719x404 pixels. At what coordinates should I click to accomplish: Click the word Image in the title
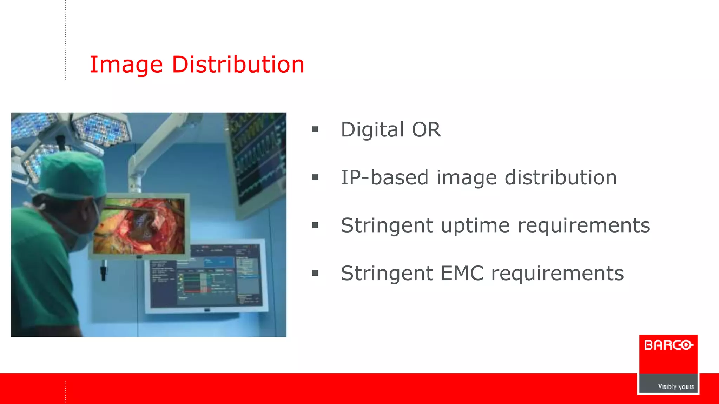click(x=126, y=65)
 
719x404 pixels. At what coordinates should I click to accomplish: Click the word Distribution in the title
click(x=238, y=65)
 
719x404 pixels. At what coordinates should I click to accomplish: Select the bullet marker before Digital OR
click(x=315, y=130)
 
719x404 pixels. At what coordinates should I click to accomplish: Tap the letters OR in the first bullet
click(x=426, y=130)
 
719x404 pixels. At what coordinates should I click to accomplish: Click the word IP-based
click(x=385, y=177)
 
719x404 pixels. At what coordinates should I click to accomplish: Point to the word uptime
click(x=475, y=225)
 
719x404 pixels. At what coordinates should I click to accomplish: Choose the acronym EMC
click(x=462, y=273)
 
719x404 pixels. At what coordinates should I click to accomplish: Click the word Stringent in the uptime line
click(x=387, y=225)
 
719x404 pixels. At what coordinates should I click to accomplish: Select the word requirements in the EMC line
click(x=557, y=273)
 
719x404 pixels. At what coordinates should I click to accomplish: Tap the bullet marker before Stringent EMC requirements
click(x=315, y=273)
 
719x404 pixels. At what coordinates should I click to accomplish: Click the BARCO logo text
click(x=668, y=345)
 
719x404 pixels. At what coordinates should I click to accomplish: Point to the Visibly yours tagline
click(x=675, y=386)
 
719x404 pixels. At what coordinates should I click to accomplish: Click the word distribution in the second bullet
click(x=560, y=177)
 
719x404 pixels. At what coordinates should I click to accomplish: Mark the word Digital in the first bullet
click(x=372, y=130)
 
